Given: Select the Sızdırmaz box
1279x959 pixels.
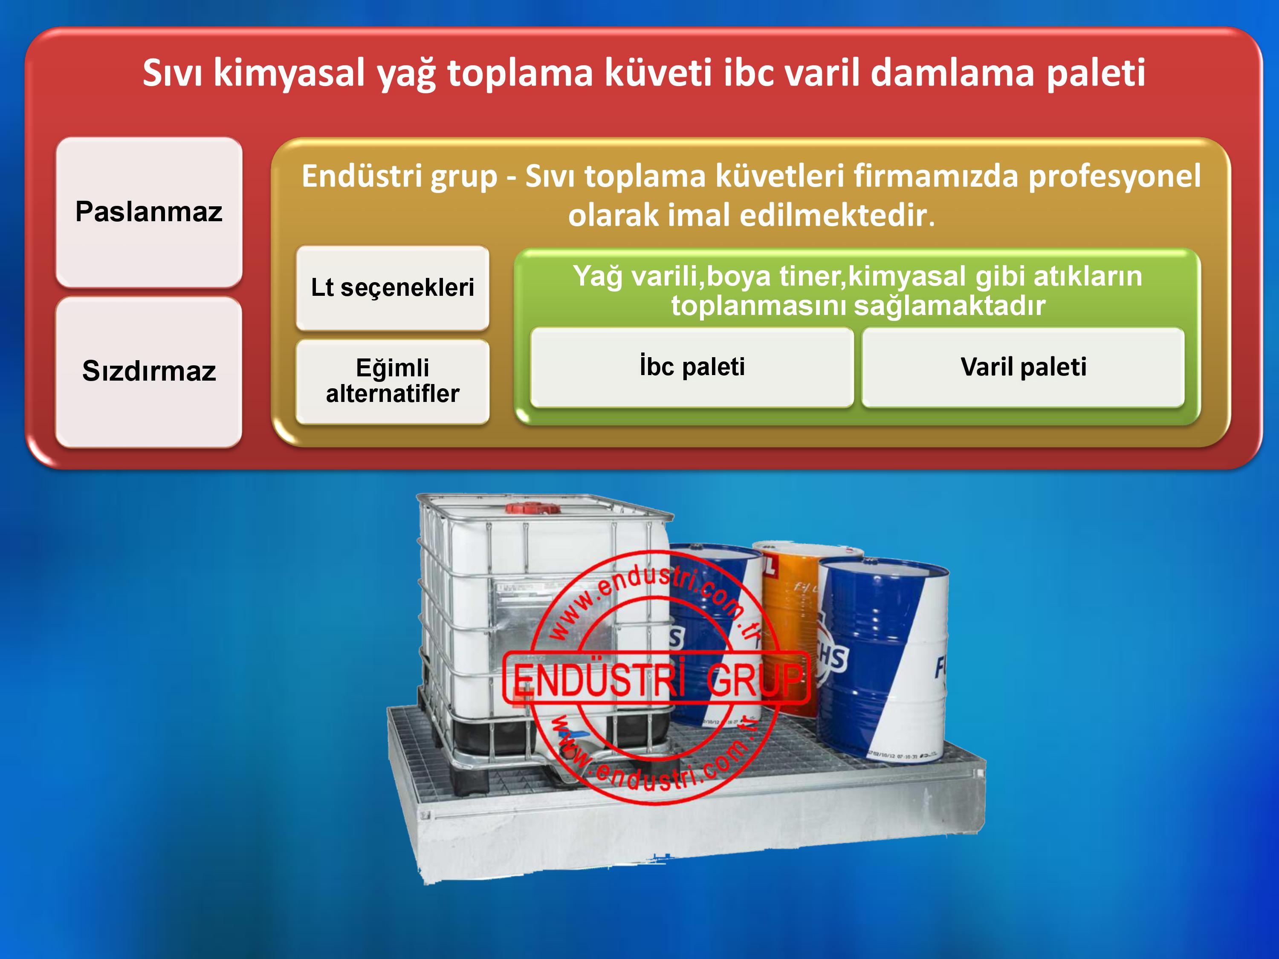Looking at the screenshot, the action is (x=149, y=372).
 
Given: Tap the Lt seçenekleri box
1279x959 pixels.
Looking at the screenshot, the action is (x=393, y=288).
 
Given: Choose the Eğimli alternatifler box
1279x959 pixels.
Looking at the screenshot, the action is (x=393, y=381).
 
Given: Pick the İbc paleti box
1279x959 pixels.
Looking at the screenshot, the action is (x=692, y=367).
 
